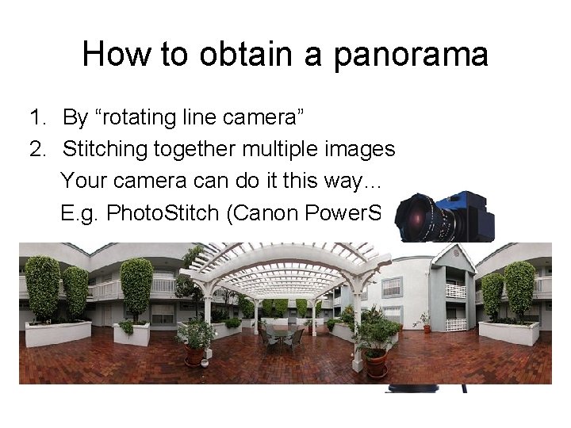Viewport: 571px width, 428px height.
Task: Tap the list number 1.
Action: click(x=36, y=118)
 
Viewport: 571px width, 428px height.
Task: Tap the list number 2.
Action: click(x=36, y=149)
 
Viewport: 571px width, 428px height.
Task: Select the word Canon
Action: click(x=265, y=212)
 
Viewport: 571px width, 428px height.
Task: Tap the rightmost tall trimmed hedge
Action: click(x=519, y=289)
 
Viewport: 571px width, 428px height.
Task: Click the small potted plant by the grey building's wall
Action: click(x=425, y=321)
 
